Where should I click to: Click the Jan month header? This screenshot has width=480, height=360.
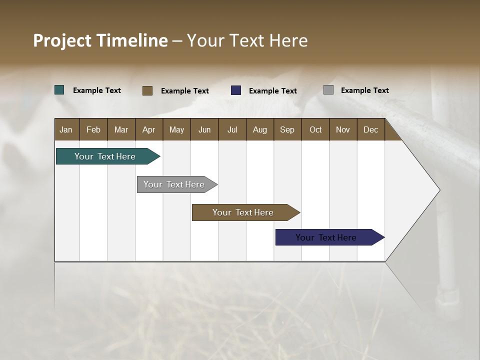pyautogui.click(x=66, y=129)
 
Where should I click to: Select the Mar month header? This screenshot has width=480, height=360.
pyautogui.click(x=121, y=129)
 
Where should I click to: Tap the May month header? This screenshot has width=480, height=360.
pyautogui.click(x=176, y=129)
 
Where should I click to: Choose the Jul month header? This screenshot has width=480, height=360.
pyautogui.click(x=232, y=129)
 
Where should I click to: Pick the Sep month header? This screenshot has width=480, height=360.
pyautogui.click(x=287, y=129)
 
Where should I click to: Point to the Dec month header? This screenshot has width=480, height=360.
pyautogui.click(x=370, y=129)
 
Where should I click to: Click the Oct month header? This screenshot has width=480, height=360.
pyautogui.click(x=315, y=129)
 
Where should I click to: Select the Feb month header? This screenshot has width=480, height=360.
pyautogui.click(x=93, y=129)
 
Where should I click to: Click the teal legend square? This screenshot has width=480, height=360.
pyautogui.click(x=59, y=90)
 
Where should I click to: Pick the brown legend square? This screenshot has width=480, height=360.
pyautogui.click(x=147, y=90)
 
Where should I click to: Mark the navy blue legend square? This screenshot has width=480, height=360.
pyautogui.click(x=236, y=90)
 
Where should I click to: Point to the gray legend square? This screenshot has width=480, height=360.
pyautogui.click(x=328, y=90)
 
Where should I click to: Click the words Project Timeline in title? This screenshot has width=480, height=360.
pyautogui.click(x=100, y=40)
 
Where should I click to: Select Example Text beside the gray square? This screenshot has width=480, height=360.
pyautogui.click(x=364, y=90)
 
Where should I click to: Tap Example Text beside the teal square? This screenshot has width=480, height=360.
pyautogui.click(x=97, y=90)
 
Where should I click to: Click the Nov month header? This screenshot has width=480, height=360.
pyautogui.click(x=343, y=129)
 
